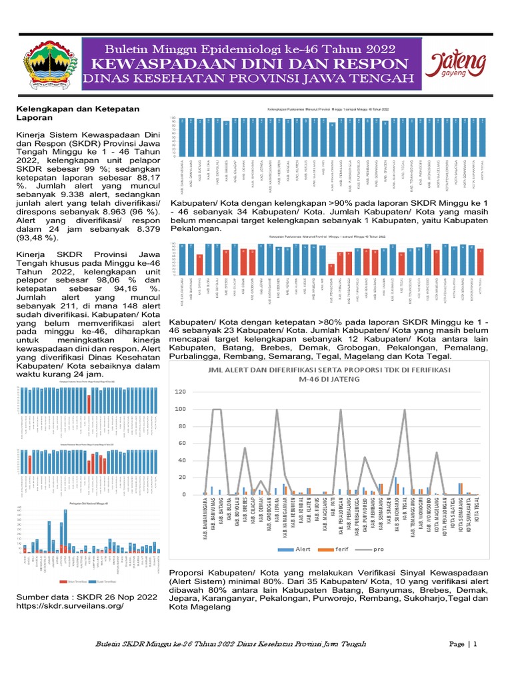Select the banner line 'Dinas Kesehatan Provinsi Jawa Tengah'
point(251,80)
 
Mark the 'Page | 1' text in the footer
point(464,644)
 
